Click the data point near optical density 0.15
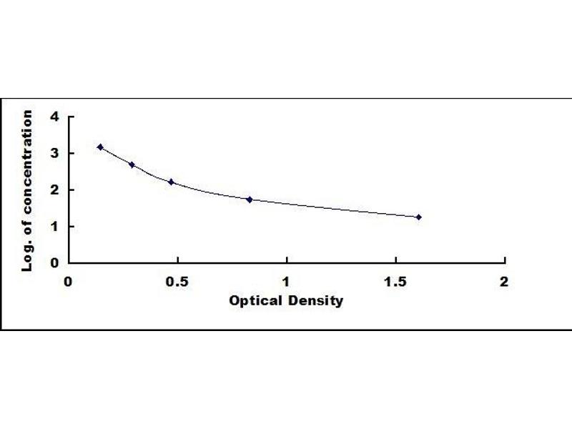[100, 147]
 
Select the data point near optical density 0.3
[132, 164]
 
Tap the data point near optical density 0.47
[171, 182]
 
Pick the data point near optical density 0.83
[250, 199]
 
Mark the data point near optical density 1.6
[418, 217]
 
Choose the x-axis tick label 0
[68, 281]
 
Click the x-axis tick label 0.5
[177, 281]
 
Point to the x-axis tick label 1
[286, 281]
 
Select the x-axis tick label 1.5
[395, 281]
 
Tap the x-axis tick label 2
[504, 281]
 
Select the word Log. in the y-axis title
[28, 257]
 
